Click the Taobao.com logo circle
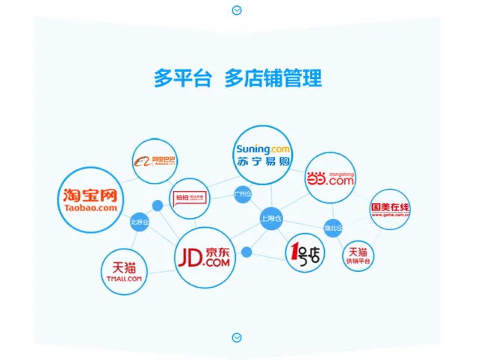[x=90, y=199]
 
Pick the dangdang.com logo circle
[x=330, y=178]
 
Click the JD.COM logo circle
[x=205, y=257]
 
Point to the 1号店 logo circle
[x=305, y=253]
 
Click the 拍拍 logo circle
[x=190, y=198]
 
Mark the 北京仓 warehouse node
[x=140, y=222]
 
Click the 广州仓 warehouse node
[x=243, y=194]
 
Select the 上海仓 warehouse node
[x=271, y=219]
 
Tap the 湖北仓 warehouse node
[x=333, y=227]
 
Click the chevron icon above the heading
[x=237, y=10]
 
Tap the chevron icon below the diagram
[x=237, y=337]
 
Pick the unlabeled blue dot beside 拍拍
[x=158, y=205]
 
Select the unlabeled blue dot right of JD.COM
[x=247, y=252]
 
